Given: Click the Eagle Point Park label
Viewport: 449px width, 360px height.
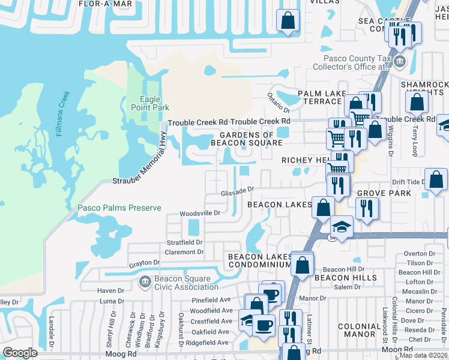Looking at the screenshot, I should click(x=145, y=103).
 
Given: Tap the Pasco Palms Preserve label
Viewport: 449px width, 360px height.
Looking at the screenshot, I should click(x=119, y=208).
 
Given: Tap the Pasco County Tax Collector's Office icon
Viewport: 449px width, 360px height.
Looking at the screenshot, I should click(x=400, y=62).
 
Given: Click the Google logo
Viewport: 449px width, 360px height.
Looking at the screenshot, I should click(x=20, y=353).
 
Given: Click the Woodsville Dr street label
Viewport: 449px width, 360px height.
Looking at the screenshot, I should click(x=200, y=213).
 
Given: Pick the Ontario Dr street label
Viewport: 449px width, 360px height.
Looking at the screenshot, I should click(x=279, y=103).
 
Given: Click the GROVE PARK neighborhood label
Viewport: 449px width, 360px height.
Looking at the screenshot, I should click(x=384, y=193).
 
